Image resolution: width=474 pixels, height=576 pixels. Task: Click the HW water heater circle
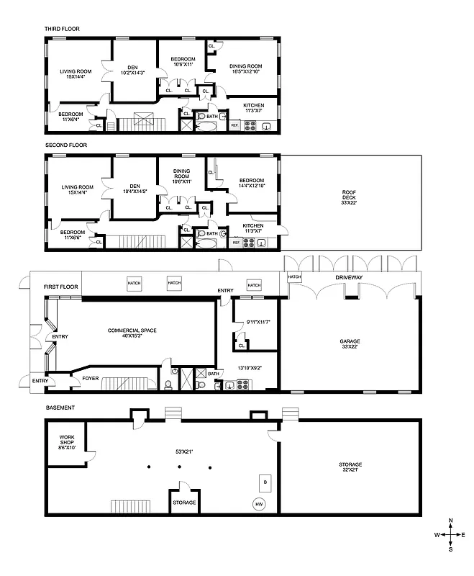(258, 505)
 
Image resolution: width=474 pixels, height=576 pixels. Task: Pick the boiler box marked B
(265, 481)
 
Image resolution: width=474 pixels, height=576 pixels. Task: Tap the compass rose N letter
(450, 520)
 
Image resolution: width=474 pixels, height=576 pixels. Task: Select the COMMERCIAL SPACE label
(132, 330)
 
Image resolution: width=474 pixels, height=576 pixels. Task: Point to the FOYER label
(91, 377)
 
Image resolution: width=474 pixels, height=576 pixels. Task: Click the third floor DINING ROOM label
(245, 66)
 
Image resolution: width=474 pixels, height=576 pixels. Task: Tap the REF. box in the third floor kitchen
(234, 126)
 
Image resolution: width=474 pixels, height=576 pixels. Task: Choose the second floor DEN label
(133, 184)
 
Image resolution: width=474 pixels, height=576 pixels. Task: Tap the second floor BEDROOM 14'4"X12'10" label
(252, 180)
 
